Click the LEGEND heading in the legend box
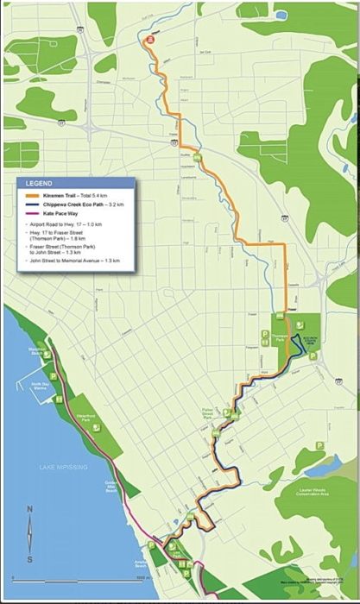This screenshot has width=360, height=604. click(40, 184)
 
